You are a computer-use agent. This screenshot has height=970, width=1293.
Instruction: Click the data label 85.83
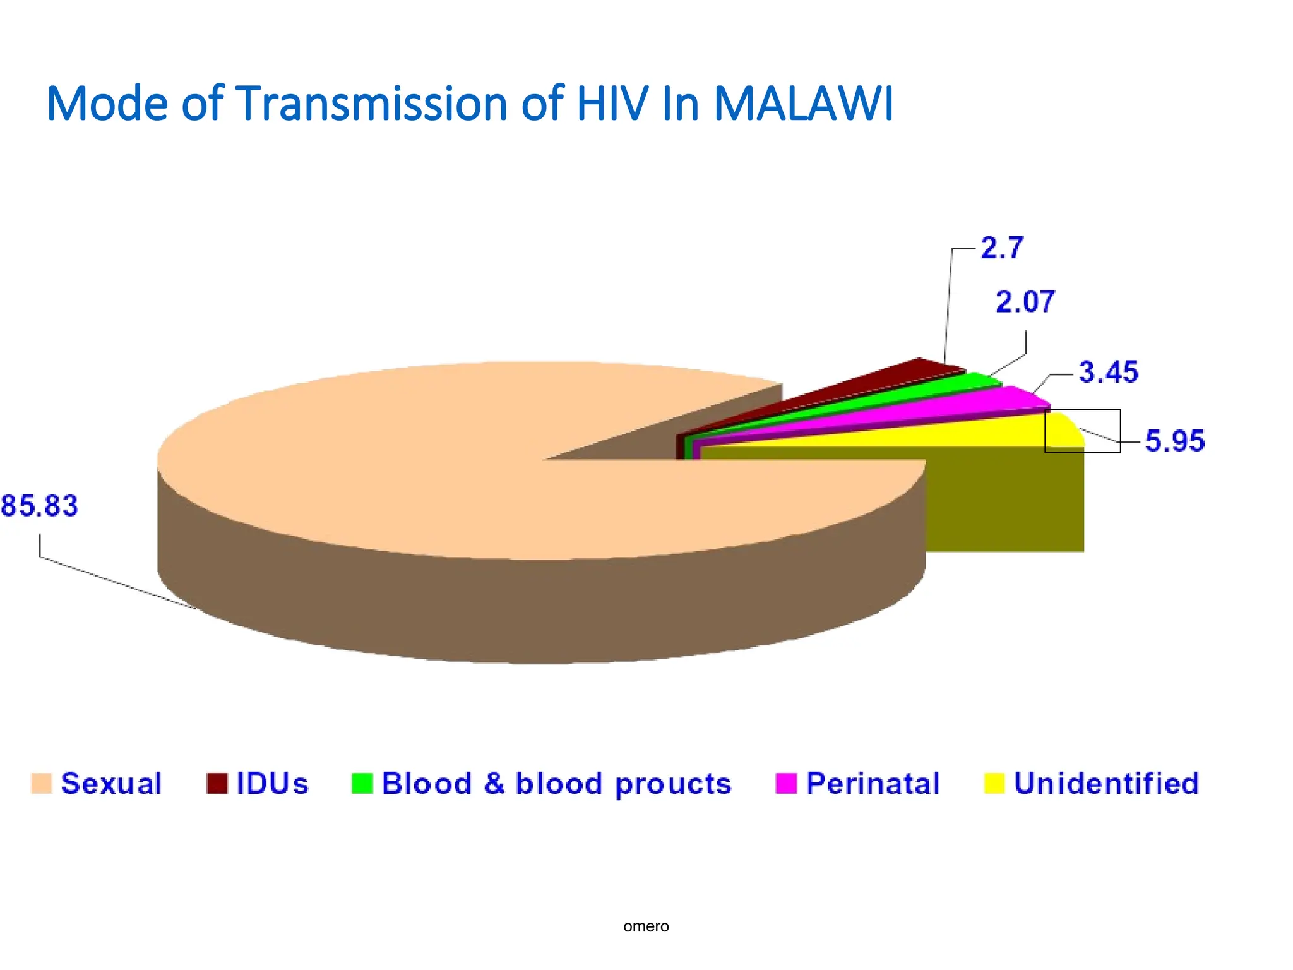coord(39,506)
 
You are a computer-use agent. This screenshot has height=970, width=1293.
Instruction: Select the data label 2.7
coord(1001,248)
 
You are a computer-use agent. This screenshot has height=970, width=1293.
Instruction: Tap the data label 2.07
coord(1025,302)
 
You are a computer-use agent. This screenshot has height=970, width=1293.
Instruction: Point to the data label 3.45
coord(1108,372)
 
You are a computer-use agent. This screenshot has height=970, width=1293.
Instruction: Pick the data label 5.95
coord(1174,441)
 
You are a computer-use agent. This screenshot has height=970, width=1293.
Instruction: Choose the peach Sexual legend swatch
coord(41,783)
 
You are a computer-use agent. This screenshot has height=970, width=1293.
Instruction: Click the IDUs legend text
coord(272,783)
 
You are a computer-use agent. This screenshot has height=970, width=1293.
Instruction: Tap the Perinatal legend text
coord(873,783)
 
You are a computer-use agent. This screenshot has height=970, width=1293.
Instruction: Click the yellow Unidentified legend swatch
coord(994,783)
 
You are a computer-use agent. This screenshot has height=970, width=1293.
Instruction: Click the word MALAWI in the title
coord(803,103)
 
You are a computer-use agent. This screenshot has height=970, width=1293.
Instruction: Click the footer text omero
coord(646,926)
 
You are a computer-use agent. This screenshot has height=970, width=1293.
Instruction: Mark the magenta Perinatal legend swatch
coord(786,783)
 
